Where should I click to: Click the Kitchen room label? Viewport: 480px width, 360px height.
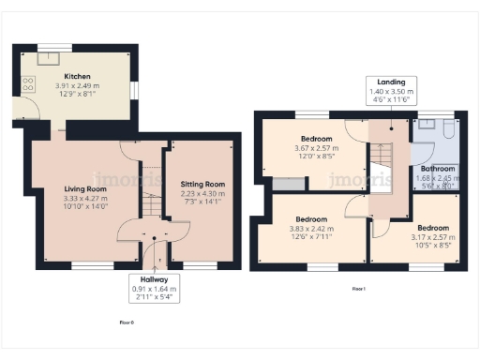point(77,77)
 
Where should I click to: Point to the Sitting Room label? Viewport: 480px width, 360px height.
point(202,185)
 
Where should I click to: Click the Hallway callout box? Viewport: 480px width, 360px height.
point(152,288)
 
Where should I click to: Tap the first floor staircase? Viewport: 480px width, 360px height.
point(382,164)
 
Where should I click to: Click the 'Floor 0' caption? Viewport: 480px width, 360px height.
point(127,321)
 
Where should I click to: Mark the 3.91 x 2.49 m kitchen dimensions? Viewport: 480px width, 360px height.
point(77,86)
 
